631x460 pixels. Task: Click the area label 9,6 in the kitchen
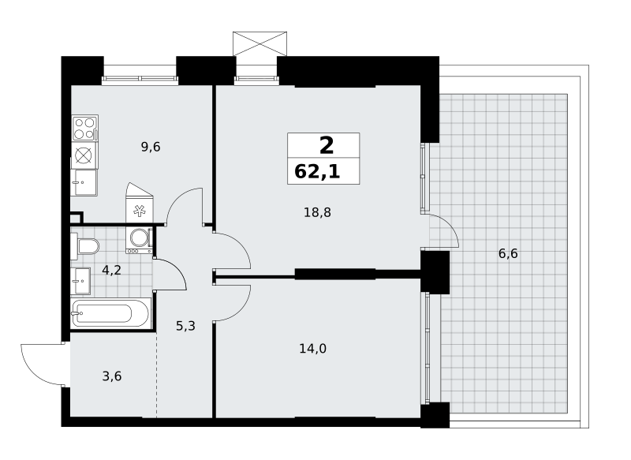tap(151, 148)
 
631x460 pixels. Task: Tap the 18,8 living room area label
tap(317, 212)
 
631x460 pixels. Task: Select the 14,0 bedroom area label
tap(312, 349)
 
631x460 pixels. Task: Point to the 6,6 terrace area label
tap(508, 254)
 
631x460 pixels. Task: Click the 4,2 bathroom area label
tap(111, 270)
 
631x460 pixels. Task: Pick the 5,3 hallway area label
tap(185, 326)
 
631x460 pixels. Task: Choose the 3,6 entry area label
tap(112, 376)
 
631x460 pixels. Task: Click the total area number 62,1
tap(317, 172)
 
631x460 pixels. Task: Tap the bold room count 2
tap(327, 145)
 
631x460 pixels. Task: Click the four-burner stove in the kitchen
tap(85, 128)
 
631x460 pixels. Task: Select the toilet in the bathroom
tap(85, 246)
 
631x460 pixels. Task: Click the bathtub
tap(110, 313)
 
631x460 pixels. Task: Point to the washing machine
tap(140, 241)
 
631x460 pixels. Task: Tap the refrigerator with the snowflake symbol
tap(140, 203)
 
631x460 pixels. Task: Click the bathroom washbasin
tap(80, 281)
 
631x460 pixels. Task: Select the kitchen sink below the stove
tap(84, 182)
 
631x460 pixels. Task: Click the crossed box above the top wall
tap(260, 43)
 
